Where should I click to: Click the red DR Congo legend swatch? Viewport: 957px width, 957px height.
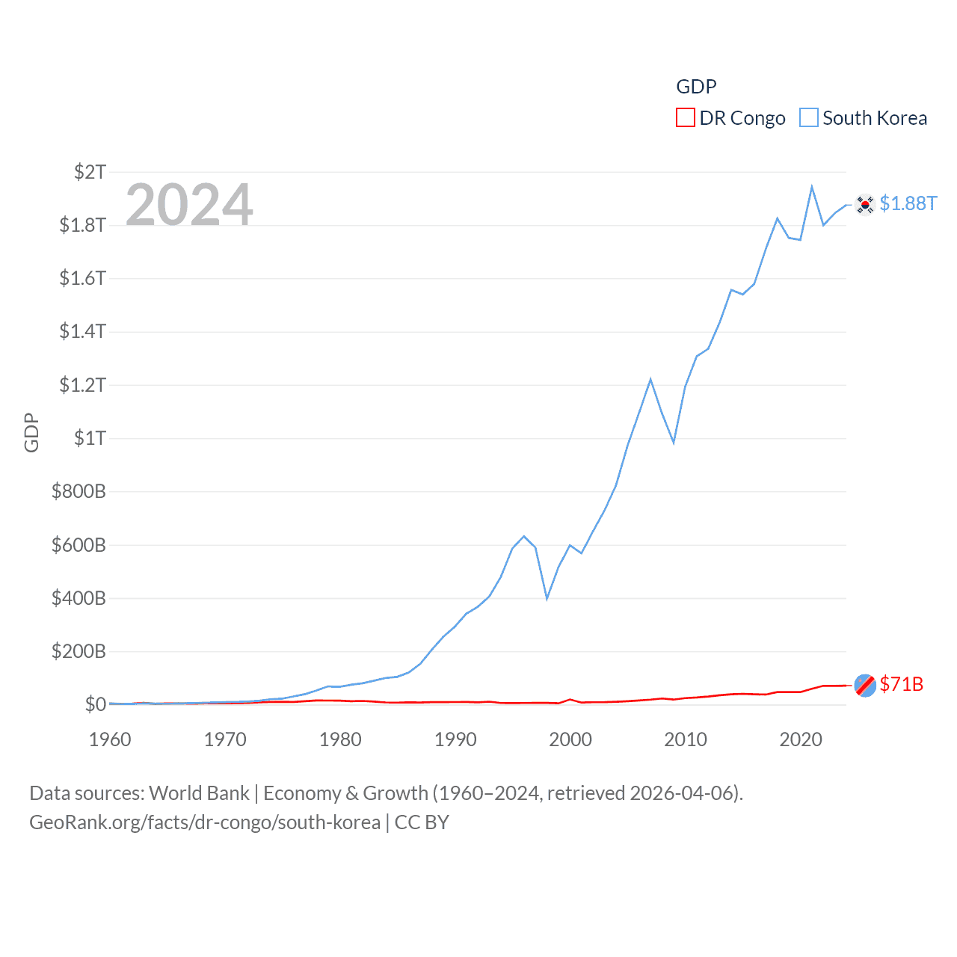(685, 118)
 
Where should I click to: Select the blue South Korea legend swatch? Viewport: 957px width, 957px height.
(808, 118)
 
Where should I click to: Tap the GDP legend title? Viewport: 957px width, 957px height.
(696, 87)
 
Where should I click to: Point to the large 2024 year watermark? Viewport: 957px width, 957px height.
(189, 205)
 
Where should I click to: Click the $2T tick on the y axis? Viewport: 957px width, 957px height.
(90, 172)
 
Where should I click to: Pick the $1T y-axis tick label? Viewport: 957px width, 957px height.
(90, 438)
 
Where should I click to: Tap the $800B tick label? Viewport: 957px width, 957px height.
(79, 491)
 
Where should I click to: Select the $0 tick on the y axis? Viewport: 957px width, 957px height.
(95, 704)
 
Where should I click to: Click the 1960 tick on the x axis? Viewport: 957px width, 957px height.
(110, 739)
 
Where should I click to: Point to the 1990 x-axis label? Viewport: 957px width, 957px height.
(455, 739)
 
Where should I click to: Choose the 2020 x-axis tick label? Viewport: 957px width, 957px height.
(801, 739)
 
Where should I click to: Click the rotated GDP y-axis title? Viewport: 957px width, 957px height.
(31, 432)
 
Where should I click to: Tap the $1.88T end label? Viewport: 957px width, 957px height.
(908, 203)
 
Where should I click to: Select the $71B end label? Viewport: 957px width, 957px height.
(901, 684)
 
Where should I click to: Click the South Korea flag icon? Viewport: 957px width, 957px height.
(865, 204)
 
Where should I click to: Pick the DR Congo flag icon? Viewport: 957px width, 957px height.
(865, 685)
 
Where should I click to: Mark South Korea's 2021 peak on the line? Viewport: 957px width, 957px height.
(812, 187)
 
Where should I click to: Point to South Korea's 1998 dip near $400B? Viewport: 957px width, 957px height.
(547, 598)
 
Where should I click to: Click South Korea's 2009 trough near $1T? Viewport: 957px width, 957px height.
(674, 443)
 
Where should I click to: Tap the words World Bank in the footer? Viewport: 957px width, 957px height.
(200, 793)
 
